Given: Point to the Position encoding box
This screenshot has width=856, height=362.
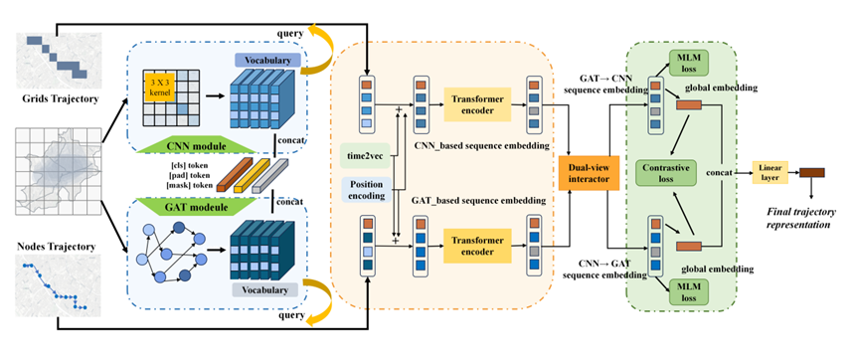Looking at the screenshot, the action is pos(367,190).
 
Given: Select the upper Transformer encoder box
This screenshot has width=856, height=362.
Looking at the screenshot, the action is pos(477,104).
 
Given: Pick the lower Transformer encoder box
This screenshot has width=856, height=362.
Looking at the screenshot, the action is pos(477,247).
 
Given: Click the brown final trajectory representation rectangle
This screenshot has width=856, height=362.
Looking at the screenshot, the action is pos(812,172).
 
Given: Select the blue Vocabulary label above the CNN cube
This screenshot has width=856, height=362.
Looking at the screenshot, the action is pos(267,60).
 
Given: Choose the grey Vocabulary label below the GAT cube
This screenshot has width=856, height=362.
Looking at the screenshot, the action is pos(265,290).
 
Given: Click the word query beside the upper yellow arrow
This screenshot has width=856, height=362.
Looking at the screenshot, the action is pos(290,33).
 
